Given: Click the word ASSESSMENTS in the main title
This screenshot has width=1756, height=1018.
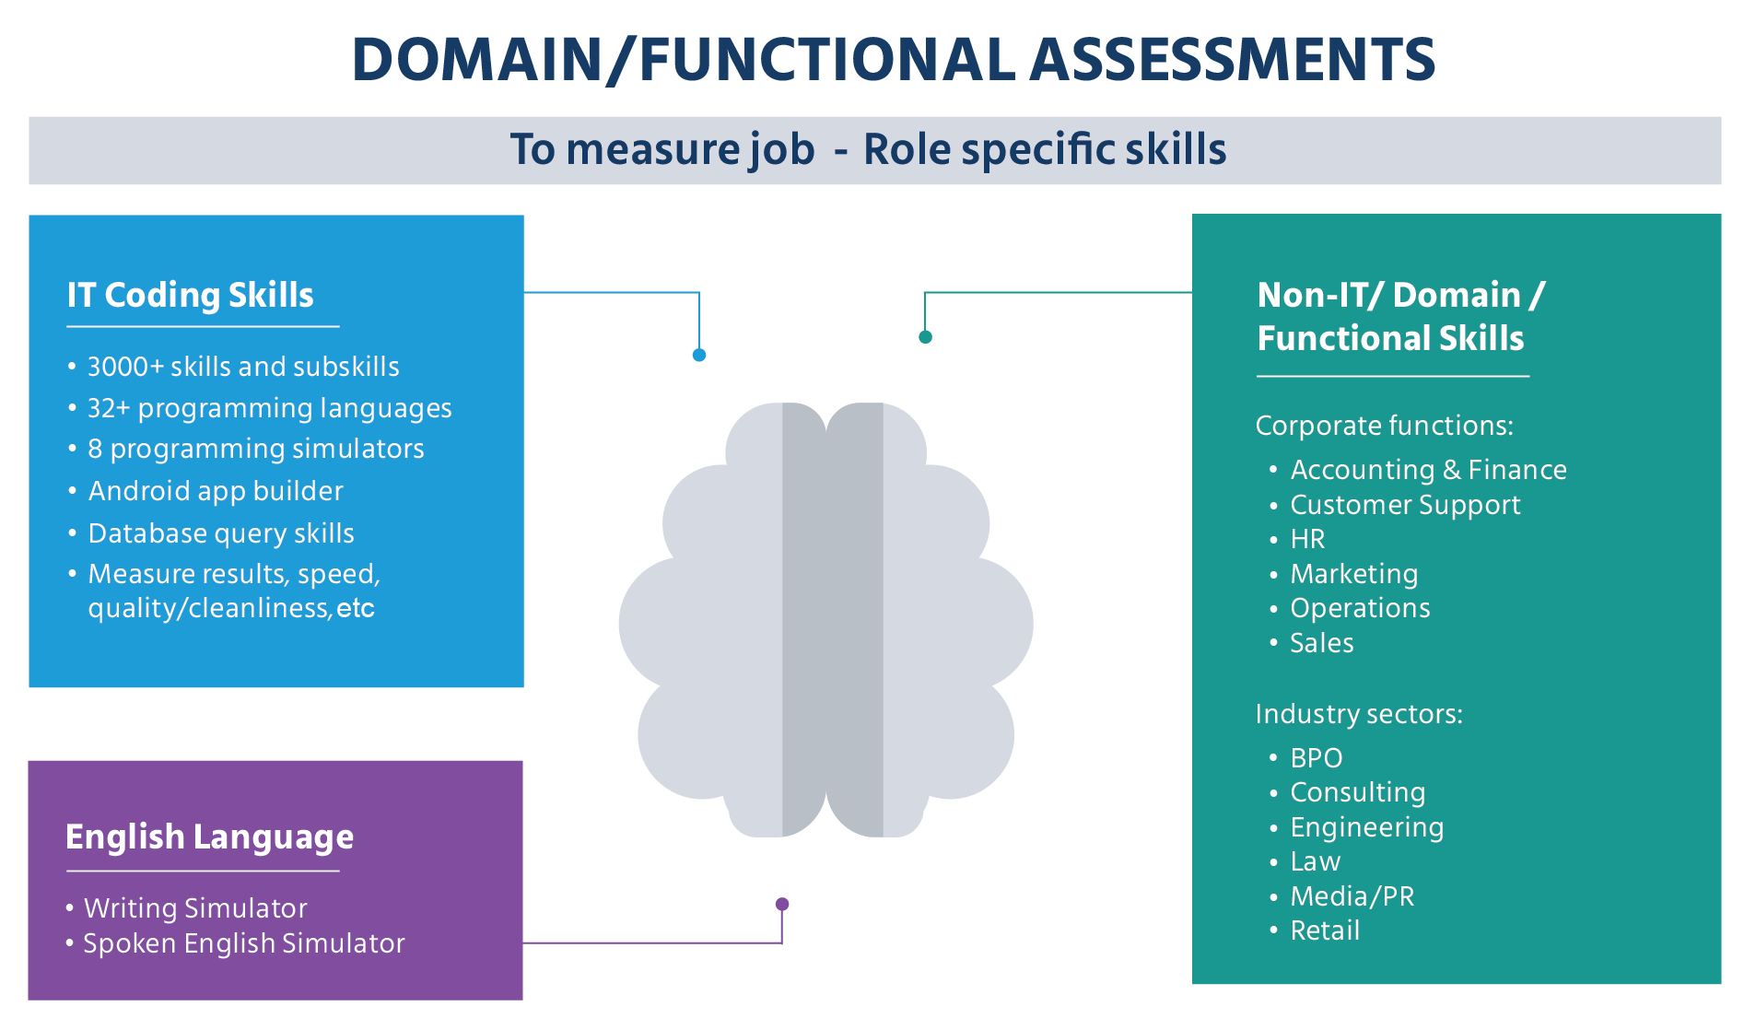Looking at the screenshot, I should [1232, 59].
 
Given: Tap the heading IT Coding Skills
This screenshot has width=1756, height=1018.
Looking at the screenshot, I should [190, 295].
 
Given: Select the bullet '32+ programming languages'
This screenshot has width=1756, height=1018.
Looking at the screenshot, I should [269, 408].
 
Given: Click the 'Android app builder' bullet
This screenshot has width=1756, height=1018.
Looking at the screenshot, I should [216, 491].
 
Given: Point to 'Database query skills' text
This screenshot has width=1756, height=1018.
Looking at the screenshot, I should [221, 533].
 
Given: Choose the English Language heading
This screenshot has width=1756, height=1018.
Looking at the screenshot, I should [209, 837].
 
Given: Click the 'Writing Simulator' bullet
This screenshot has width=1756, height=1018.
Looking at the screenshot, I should [195, 908].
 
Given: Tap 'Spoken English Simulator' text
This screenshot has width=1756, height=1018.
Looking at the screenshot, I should [244, 943].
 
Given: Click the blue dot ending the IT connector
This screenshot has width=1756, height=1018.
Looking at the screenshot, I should [699, 355].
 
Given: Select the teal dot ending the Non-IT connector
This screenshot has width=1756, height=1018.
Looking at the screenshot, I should [925, 337].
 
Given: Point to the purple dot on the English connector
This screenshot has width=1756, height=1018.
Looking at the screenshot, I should [782, 904].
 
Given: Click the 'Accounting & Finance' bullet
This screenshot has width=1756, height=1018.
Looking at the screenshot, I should [1428, 470].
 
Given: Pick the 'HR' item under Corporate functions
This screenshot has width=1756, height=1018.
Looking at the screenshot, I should [1307, 539].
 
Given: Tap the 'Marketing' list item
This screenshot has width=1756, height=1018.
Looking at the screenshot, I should [1353, 574].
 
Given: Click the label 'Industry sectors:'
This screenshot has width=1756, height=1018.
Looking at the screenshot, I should [1359, 714].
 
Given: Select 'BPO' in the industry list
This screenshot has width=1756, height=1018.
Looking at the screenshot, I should [1317, 758].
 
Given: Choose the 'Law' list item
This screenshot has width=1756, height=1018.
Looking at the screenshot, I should [1315, 861].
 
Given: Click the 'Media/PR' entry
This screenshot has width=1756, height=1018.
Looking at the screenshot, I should [1352, 896].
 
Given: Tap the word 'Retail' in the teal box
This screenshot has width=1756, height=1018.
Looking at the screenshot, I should [1325, 930].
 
